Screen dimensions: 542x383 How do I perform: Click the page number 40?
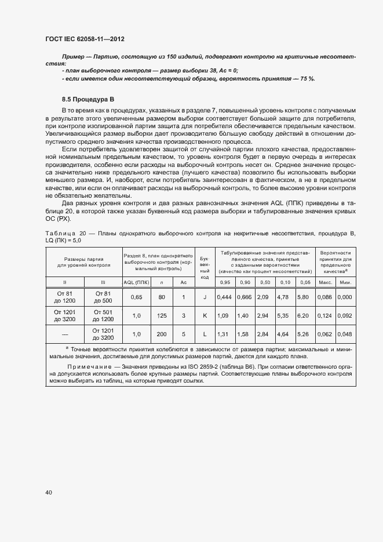(49, 493)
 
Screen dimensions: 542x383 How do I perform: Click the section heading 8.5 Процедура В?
(88, 99)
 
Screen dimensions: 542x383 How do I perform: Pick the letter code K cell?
(205, 316)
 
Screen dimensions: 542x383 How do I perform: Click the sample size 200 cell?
(162, 334)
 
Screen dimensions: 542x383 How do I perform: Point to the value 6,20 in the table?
(303, 316)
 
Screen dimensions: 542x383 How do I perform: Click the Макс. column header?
(324, 282)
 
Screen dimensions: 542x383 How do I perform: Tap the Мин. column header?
(345, 282)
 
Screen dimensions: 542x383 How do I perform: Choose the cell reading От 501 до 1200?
(103, 316)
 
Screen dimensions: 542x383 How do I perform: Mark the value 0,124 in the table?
(325, 316)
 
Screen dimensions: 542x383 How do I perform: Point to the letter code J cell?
(205, 297)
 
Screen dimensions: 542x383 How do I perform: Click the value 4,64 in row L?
(283, 334)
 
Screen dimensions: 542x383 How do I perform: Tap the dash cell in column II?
(65, 334)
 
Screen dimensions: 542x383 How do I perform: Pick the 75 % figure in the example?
(306, 78)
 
